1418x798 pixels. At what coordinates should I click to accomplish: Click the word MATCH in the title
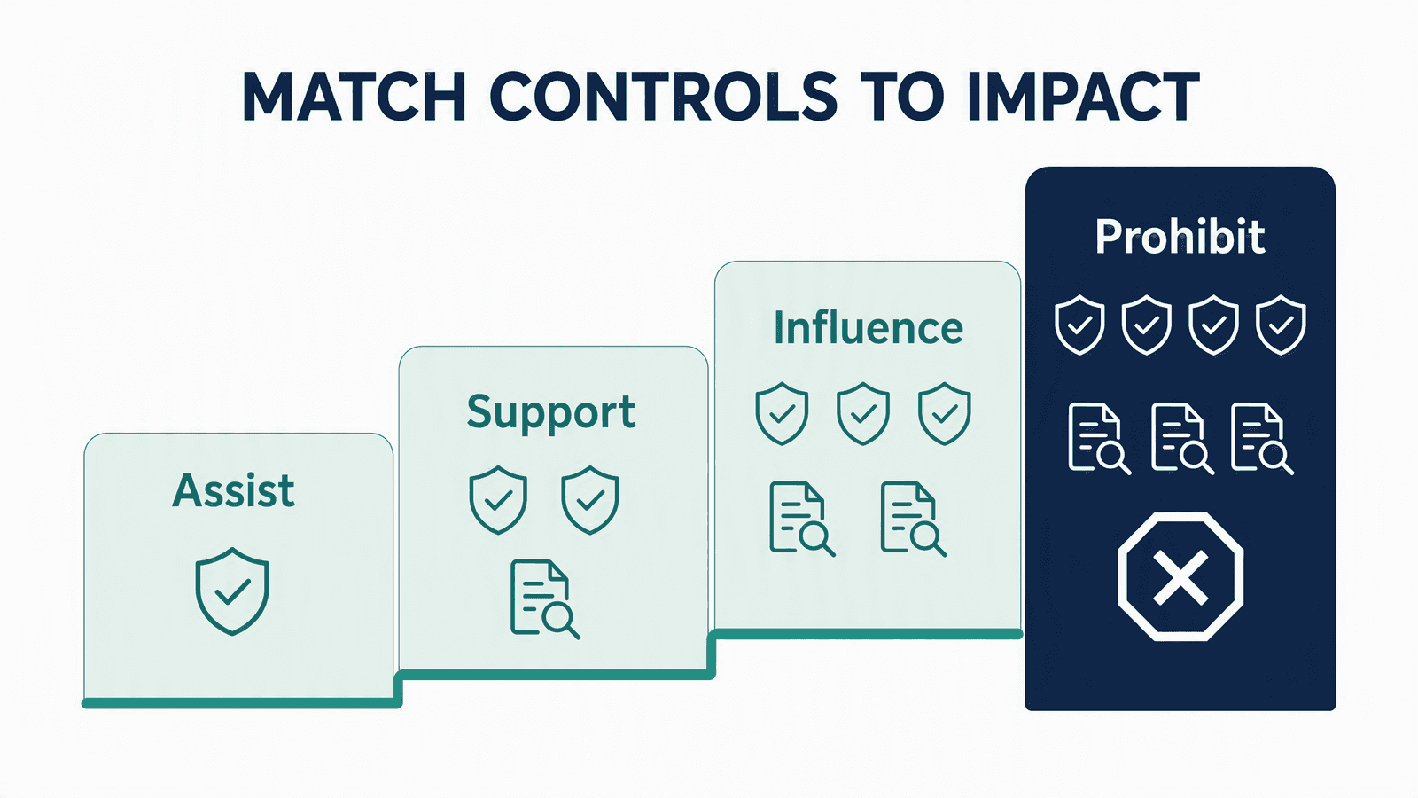(354, 97)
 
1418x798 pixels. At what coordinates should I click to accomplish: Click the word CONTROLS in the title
(664, 97)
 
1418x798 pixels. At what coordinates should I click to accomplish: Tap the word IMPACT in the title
(1083, 97)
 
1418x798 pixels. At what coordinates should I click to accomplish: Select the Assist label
(234, 491)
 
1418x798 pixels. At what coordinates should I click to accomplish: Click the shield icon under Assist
(232, 591)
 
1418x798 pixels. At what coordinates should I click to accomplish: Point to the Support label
(550, 413)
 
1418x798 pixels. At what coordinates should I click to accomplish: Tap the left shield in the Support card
(498, 500)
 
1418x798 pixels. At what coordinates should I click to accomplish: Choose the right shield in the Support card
(590, 500)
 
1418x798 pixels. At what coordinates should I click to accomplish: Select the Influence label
(869, 327)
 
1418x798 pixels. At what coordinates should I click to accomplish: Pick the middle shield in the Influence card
(863, 413)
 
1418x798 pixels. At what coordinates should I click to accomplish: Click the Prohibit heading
(1180, 237)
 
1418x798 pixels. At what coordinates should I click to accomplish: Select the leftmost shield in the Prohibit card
(1079, 325)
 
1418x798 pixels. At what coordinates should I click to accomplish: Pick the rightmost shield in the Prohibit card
(1281, 325)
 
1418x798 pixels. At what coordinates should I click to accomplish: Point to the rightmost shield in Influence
(945, 413)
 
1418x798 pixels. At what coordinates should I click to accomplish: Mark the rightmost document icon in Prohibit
(1262, 439)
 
